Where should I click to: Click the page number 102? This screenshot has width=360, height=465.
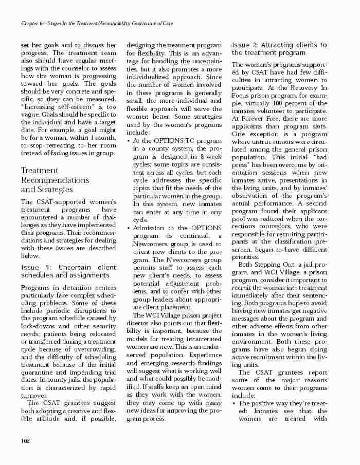tap(25, 440)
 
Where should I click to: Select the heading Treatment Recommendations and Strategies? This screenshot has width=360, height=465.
tap(55, 180)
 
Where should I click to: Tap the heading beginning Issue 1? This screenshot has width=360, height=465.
tap(68, 271)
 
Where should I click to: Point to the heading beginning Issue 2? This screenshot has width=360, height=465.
tap(279, 49)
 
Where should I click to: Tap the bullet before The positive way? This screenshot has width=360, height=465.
tap(234, 404)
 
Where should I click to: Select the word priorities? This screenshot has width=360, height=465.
tap(245, 257)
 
